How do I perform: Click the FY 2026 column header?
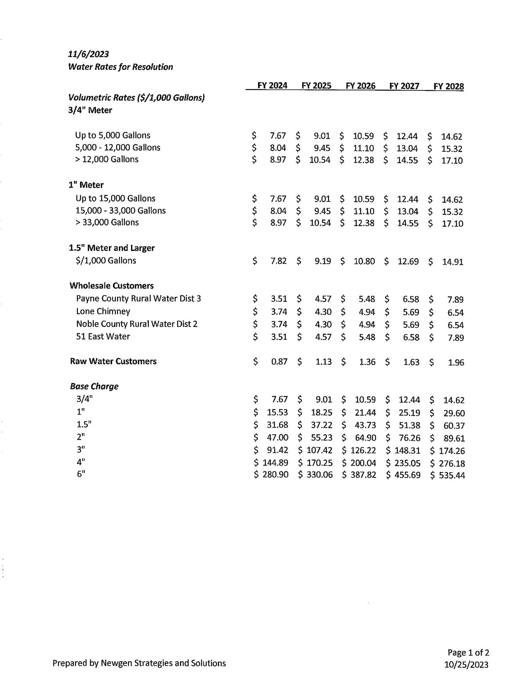(x=360, y=86)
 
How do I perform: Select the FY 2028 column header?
(x=448, y=86)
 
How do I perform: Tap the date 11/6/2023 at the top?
(x=88, y=54)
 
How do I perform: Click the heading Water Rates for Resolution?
(x=120, y=67)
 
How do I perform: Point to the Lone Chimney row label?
(x=103, y=311)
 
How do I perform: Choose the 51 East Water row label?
(x=103, y=336)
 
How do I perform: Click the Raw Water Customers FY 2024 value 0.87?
(x=279, y=362)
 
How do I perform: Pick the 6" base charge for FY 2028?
(x=451, y=475)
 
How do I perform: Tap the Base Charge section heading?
(x=94, y=386)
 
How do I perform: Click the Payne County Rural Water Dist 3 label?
(x=138, y=298)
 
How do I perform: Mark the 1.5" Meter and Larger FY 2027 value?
(x=408, y=262)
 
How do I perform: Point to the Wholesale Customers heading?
(x=112, y=286)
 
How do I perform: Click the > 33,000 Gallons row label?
(x=107, y=222)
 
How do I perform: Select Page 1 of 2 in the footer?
(x=468, y=653)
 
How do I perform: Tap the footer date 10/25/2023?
(x=466, y=665)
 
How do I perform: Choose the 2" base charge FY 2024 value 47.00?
(x=278, y=438)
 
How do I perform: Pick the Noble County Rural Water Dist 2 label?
(x=137, y=324)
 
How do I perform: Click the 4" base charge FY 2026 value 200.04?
(x=363, y=463)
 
